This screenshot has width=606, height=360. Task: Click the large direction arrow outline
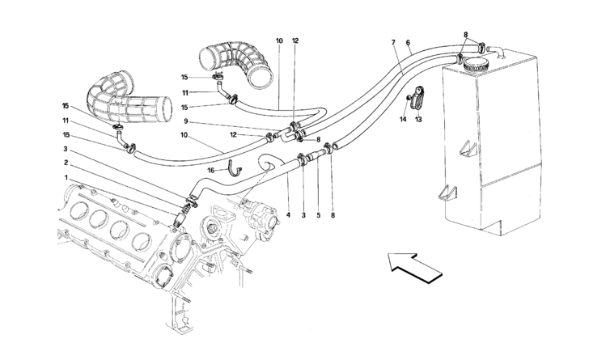pyautogui.click(x=416, y=265)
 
